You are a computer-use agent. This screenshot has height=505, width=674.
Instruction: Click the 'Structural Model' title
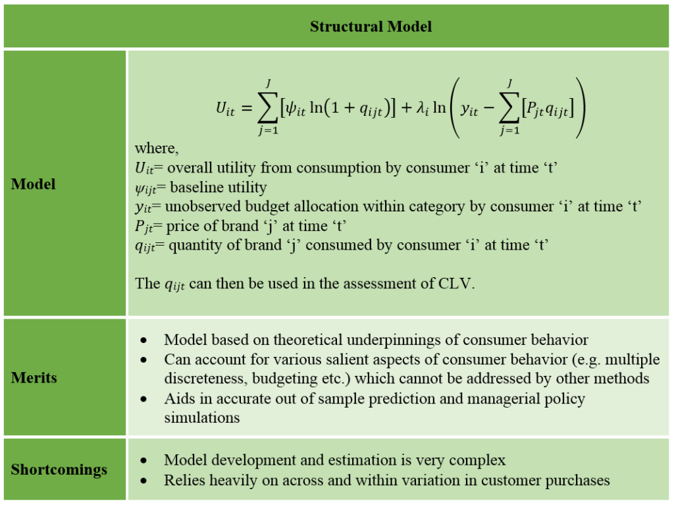click(371, 27)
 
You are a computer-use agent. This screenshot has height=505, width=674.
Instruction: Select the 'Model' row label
click(34, 184)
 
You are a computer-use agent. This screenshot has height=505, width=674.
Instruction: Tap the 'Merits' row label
click(34, 378)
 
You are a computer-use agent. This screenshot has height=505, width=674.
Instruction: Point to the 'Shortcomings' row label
click(59, 469)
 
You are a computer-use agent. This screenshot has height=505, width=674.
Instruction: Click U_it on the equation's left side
click(225, 109)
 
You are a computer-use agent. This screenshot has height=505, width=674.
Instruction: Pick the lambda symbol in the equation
click(422, 107)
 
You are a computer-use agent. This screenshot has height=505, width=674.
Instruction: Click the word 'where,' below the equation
click(157, 148)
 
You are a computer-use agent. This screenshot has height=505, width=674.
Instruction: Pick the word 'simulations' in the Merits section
click(202, 417)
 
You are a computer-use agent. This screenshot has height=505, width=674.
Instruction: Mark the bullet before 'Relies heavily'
click(143, 481)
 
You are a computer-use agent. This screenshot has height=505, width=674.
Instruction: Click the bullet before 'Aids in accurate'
click(143, 399)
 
